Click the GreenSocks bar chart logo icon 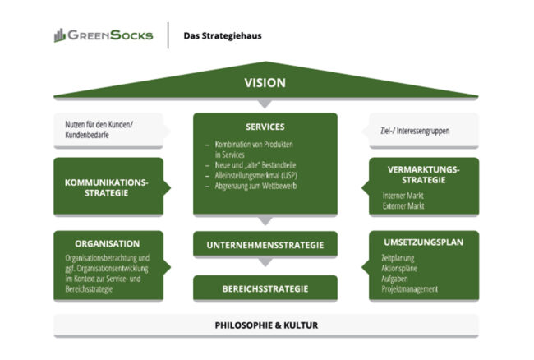tap(60, 35)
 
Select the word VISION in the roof tap(265, 83)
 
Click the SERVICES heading tap(265, 127)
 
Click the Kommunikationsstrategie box tap(108, 187)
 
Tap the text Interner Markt tap(403, 196)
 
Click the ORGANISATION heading tap(107, 244)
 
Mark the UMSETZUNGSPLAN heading tap(422, 243)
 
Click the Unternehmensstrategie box tap(265, 245)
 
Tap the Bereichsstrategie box tap(265, 288)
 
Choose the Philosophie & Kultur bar tap(265, 325)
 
